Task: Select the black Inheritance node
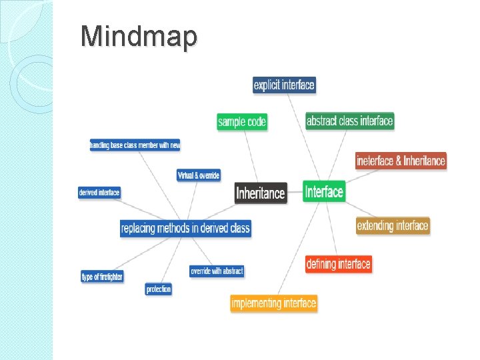pos(261,193)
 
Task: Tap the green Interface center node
pos(324,192)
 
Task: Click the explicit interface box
pos(283,85)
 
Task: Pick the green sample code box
pos(242,121)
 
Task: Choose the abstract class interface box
pos(349,121)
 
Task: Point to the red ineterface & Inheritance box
pos(401,161)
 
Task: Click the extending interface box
pos(392,225)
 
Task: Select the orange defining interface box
pos(338,264)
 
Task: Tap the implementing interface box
pos(273,303)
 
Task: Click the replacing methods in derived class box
pos(185,228)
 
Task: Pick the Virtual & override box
pos(198,175)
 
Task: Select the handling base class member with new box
pos(135,145)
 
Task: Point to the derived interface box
pos(99,192)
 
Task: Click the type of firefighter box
pos(102,276)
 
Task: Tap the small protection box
pos(158,289)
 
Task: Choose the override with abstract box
pos(217,271)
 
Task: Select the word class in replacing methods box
pos(239,228)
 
